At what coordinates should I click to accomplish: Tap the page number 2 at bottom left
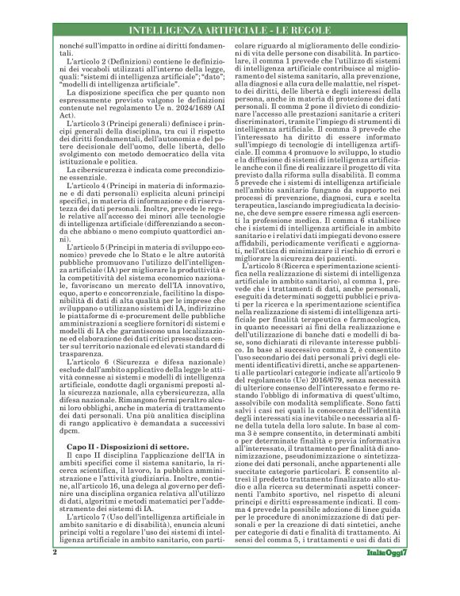pos(55,573)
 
